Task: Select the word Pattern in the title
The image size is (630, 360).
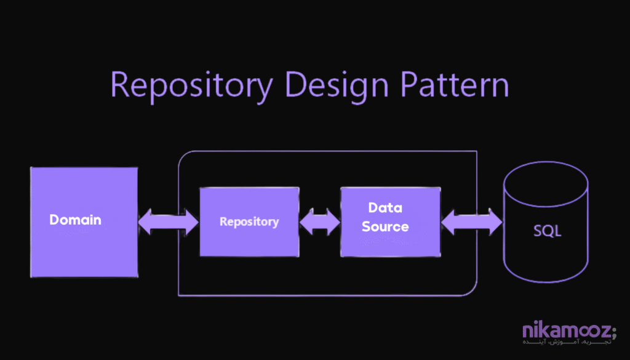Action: pyautogui.click(x=457, y=85)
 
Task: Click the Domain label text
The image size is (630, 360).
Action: pyautogui.click(x=75, y=220)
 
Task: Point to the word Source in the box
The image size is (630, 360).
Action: pyautogui.click(x=385, y=226)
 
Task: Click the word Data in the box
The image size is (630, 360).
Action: pyautogui.click(x=385, y=207)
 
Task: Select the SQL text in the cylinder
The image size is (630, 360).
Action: pyautogui.click(x=547, y=233)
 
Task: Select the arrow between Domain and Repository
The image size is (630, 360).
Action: pyautogui.click(x=168, y=222)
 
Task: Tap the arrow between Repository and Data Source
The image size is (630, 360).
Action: pyautogui.click(x=320, y=222)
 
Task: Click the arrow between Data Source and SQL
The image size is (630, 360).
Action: pyautogui.click(x=471, y=222)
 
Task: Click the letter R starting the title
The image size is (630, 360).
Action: pyautogui.click(x=121, y=85)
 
